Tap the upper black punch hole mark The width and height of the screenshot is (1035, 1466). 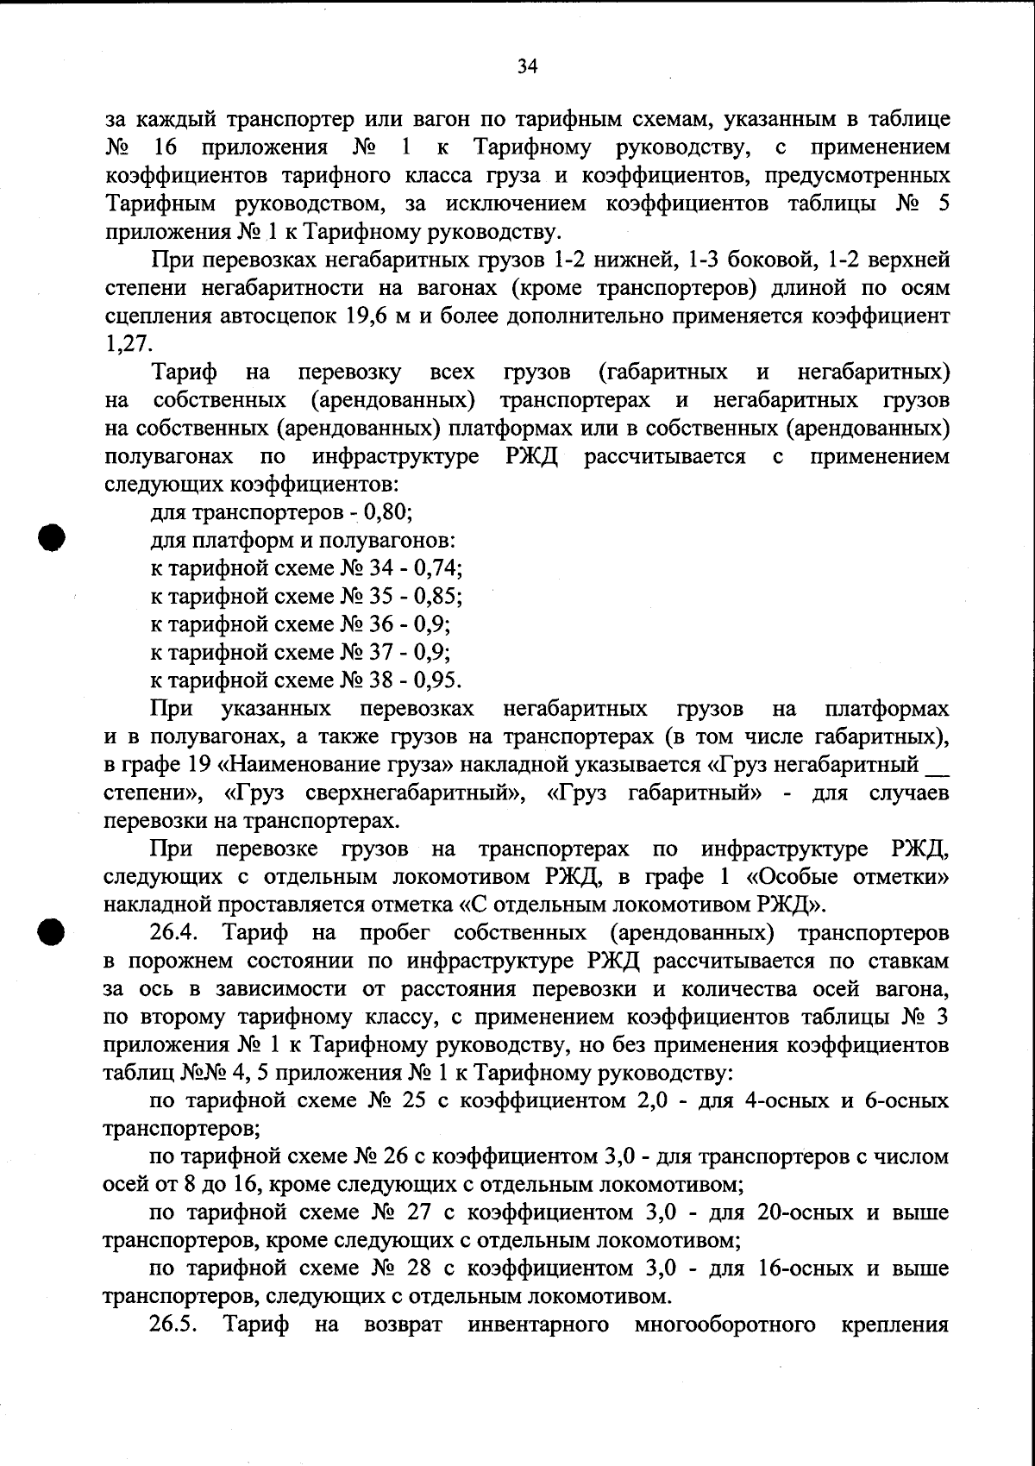tap(52, 536)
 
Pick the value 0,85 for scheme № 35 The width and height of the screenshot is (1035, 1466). tap(437, 596)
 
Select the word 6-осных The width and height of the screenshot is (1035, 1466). tap(900, 1101)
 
